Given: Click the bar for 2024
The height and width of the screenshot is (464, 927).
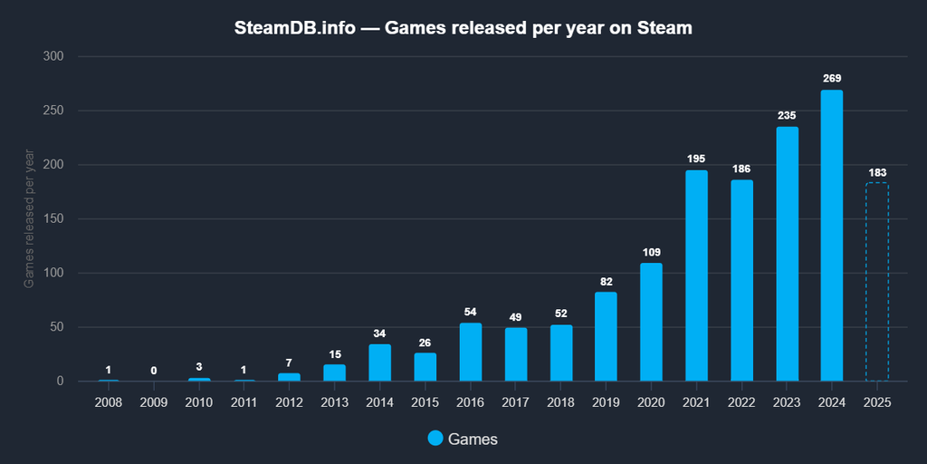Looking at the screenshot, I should pos(832,236).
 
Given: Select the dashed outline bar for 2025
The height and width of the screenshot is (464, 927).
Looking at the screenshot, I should pos(877,282).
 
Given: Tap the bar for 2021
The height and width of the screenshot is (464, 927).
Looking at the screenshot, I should pos(696,275).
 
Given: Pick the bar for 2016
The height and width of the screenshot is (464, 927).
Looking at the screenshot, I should pos(470,352).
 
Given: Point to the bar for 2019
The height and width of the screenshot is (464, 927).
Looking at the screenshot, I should pos(606,336).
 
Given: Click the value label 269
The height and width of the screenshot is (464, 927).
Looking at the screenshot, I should pos(832,79).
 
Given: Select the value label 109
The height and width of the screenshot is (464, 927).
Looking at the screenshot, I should pos(651,252).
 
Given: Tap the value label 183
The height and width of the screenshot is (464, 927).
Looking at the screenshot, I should pos(877,172).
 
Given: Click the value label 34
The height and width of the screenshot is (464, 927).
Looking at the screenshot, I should pos(379,333).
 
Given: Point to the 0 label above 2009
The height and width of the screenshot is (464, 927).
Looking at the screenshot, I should pos(154,370).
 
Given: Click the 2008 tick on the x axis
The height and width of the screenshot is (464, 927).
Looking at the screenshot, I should pos(109,401).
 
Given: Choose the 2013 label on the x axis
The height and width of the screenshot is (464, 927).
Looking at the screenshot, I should pos(334,401).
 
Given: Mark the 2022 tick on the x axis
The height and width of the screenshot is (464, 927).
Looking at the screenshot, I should pos(741,401).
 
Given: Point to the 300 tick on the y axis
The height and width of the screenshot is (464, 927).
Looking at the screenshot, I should pos(53,56).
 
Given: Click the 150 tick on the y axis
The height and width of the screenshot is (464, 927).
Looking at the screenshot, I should pos(53,218).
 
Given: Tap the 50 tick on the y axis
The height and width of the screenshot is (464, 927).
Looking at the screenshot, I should pos(56,326).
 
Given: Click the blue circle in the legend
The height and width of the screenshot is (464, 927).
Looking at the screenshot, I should pos(436,439).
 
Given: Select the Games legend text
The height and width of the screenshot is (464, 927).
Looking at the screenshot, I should pos(473,439).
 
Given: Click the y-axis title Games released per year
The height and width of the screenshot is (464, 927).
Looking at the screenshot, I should pos(29,218).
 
